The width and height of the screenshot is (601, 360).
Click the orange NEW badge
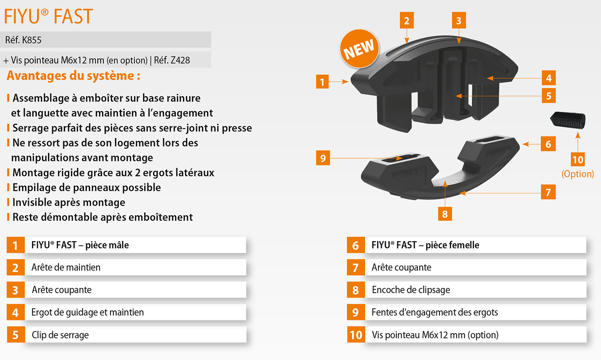pos(359,48)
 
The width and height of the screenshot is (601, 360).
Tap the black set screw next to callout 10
pos(568,120)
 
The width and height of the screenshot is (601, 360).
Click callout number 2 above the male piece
pos(407,20)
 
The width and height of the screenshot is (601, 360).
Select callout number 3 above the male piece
pos(459,20)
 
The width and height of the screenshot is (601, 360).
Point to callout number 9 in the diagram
pos(323,158)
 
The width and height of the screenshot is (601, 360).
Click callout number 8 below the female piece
pos(445,214)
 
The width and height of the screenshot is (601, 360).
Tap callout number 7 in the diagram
pos(549,192)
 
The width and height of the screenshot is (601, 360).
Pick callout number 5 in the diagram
pos(549,96)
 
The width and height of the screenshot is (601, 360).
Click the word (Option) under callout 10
pos(578,174)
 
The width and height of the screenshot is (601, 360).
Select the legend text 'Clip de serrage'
pos(60,335)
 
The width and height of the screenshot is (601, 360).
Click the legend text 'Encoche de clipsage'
pos(411,290)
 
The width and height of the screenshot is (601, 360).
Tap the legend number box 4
pos(16,312)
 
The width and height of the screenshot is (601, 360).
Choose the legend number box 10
pos(356,335)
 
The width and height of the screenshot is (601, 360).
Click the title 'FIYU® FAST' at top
pos(48,16)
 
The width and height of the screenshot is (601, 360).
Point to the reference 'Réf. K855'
pos(23,40)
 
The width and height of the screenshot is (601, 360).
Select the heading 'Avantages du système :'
pos(73,76)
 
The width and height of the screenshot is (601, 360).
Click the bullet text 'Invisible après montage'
pos(69,202)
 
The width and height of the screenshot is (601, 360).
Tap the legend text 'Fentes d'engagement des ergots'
pos(435,312)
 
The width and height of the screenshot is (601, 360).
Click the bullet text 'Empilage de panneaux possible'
pos(87,187)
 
